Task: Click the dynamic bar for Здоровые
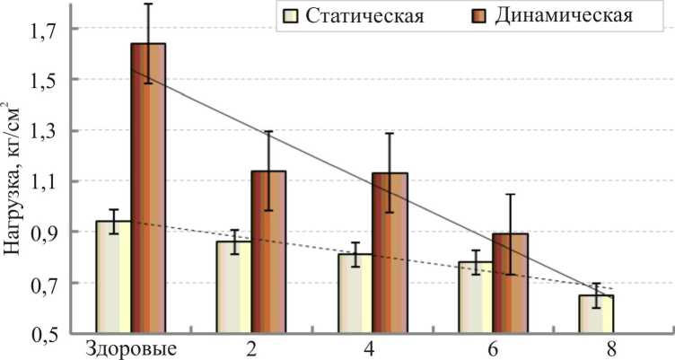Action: (148, 189)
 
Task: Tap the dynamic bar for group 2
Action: (268, 252)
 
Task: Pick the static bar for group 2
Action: (234, 286)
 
